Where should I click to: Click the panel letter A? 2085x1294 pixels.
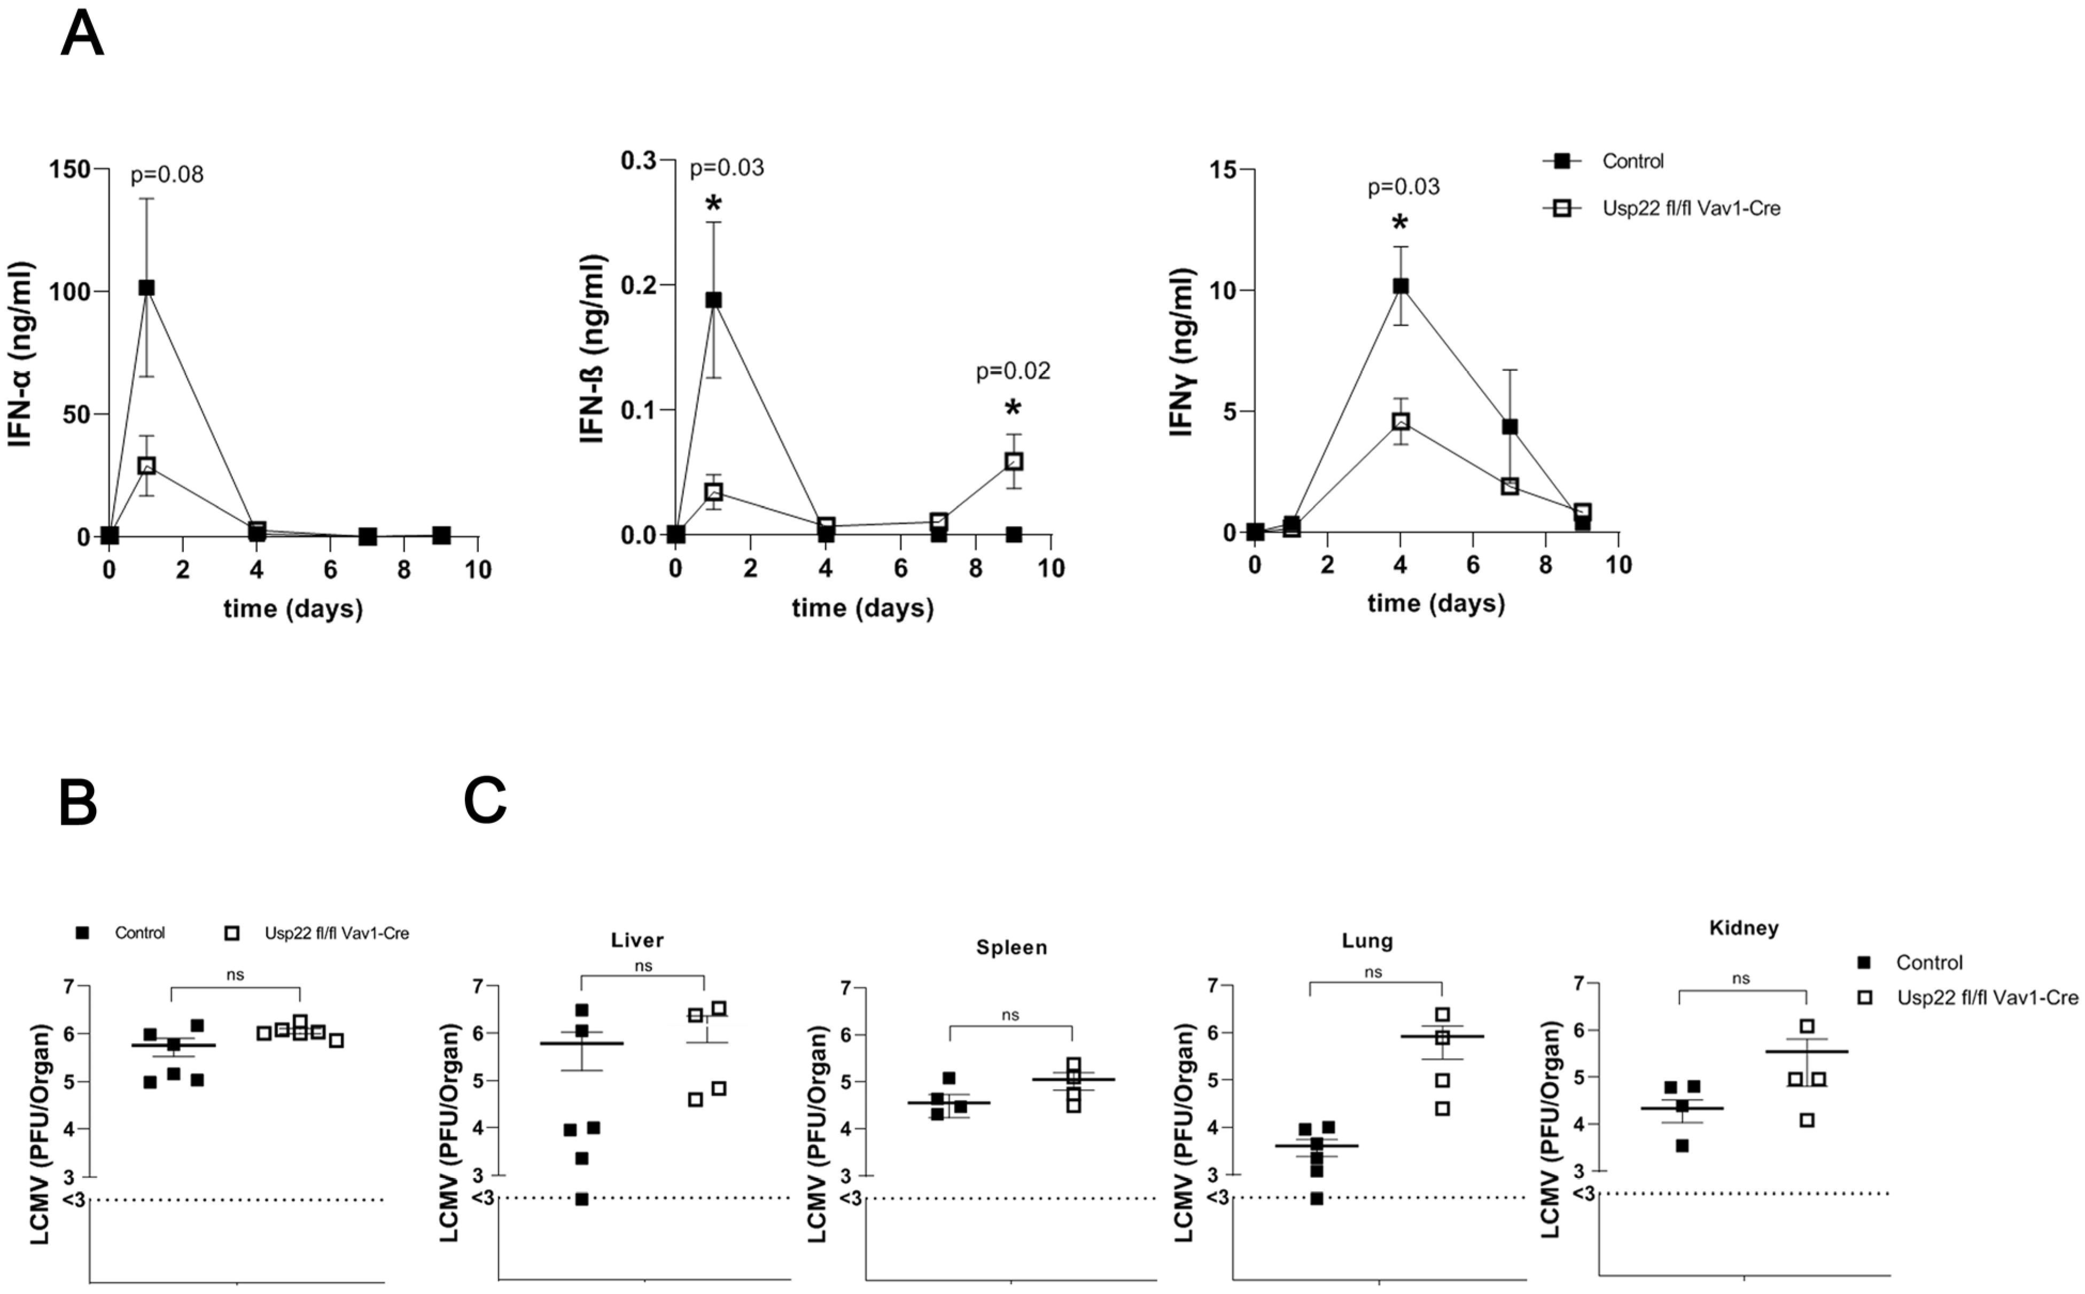(82, 36)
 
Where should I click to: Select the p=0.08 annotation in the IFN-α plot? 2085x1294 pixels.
(167, 175)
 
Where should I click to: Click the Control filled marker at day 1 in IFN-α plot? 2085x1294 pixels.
(146, 287)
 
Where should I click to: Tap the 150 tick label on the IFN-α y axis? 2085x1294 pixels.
(70, 169)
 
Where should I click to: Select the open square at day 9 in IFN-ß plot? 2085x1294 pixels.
(1014, 461)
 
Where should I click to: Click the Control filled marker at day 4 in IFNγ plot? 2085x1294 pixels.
(1401, 286)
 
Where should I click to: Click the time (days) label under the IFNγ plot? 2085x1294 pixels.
(1435, 603)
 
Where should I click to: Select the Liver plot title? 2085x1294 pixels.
(637, 940)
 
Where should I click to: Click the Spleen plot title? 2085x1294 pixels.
(1011, 947)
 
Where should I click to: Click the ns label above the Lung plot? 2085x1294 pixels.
(1373, 972)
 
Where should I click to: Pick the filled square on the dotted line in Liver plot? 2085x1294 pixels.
(581, 1199)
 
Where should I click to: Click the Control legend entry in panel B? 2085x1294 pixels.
(139, 933)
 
